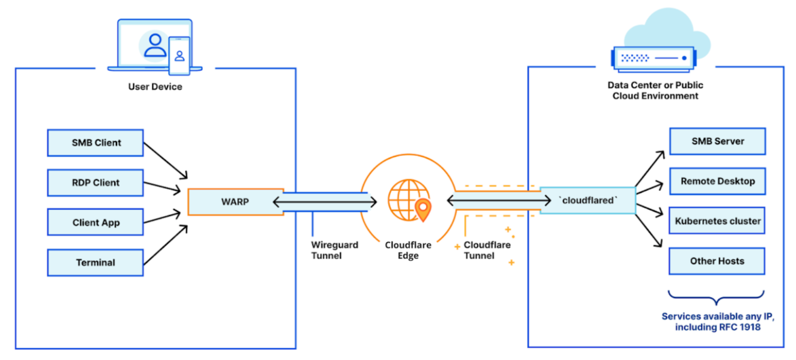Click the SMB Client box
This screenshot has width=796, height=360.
coord(95,143)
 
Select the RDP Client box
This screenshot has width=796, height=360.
coord(95,183)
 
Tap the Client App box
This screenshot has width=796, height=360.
coord(95,222)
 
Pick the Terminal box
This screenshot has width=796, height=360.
coord(95,262)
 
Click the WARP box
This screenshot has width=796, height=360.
coord(235,202)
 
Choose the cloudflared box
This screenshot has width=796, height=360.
coord(588,200)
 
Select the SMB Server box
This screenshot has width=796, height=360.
coord(717,141)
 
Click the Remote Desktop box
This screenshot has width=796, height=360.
coord(717,181)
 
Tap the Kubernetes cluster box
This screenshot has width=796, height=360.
coord(717,221)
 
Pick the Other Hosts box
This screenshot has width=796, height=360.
coord(717,261)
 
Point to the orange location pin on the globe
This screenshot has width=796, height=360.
coord(423,209)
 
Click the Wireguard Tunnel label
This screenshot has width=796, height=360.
coord(334,250)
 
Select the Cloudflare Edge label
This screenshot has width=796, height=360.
coord(408,250)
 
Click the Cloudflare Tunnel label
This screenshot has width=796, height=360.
coord(487,250)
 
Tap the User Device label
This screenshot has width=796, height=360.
coord(155,87)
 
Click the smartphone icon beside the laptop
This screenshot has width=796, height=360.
coord(179,56)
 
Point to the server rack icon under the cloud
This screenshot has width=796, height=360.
coord(654,59)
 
